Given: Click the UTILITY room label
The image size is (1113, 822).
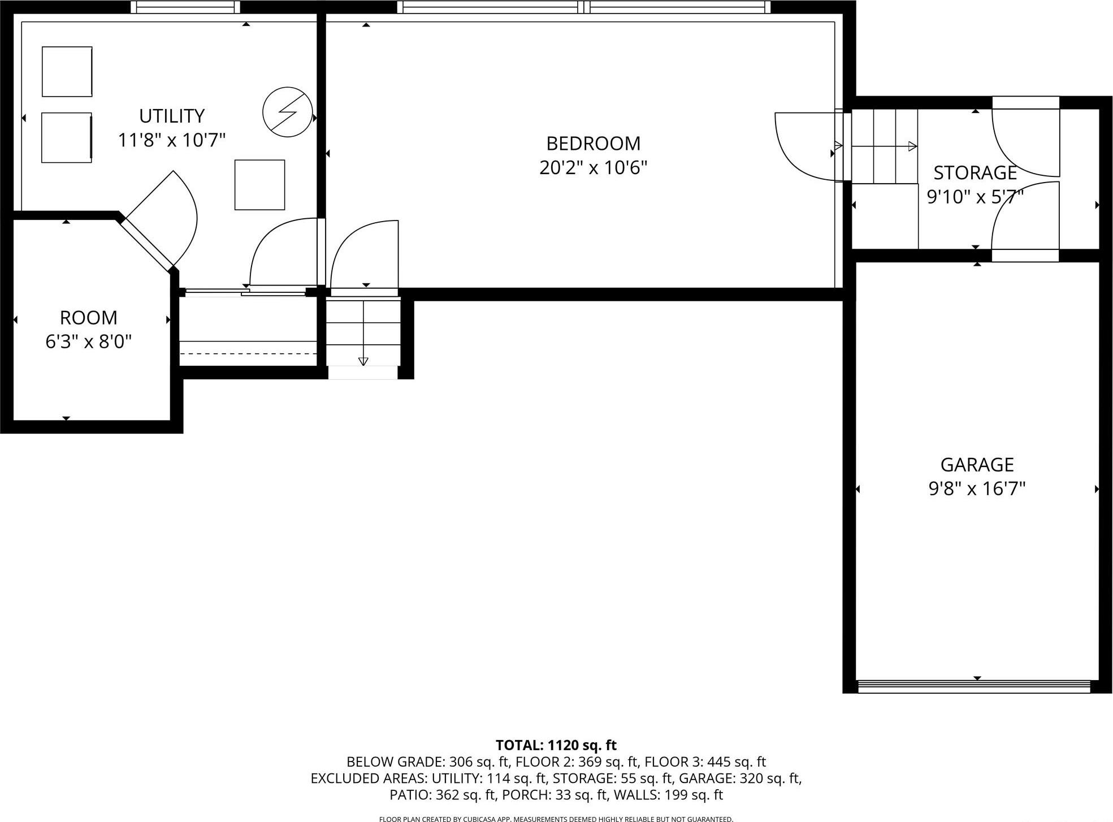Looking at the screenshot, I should [171, 116].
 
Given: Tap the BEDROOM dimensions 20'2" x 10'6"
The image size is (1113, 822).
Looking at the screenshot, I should [593, 168].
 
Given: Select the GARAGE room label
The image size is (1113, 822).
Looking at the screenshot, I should [977, 465].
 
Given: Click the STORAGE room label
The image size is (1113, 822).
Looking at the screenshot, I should [975, 172].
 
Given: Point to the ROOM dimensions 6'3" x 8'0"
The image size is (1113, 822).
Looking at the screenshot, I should [88, 341].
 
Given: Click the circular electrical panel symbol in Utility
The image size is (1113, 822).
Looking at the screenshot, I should [288, 112].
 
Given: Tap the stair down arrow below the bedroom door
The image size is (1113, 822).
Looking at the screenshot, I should [363, 360].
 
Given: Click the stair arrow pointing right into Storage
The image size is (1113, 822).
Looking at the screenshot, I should [911, 146].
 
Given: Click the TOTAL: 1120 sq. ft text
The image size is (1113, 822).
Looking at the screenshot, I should [556, 745].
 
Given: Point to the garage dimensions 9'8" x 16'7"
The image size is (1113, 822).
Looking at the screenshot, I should [977, 488].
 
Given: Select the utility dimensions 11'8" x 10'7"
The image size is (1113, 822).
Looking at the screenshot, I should [171, 140].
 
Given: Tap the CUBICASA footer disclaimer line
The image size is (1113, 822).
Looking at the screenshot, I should [556, 819].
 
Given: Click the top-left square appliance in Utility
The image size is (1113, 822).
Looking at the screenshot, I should [67, 72].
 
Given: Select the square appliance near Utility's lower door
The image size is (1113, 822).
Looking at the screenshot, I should [259, 185].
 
